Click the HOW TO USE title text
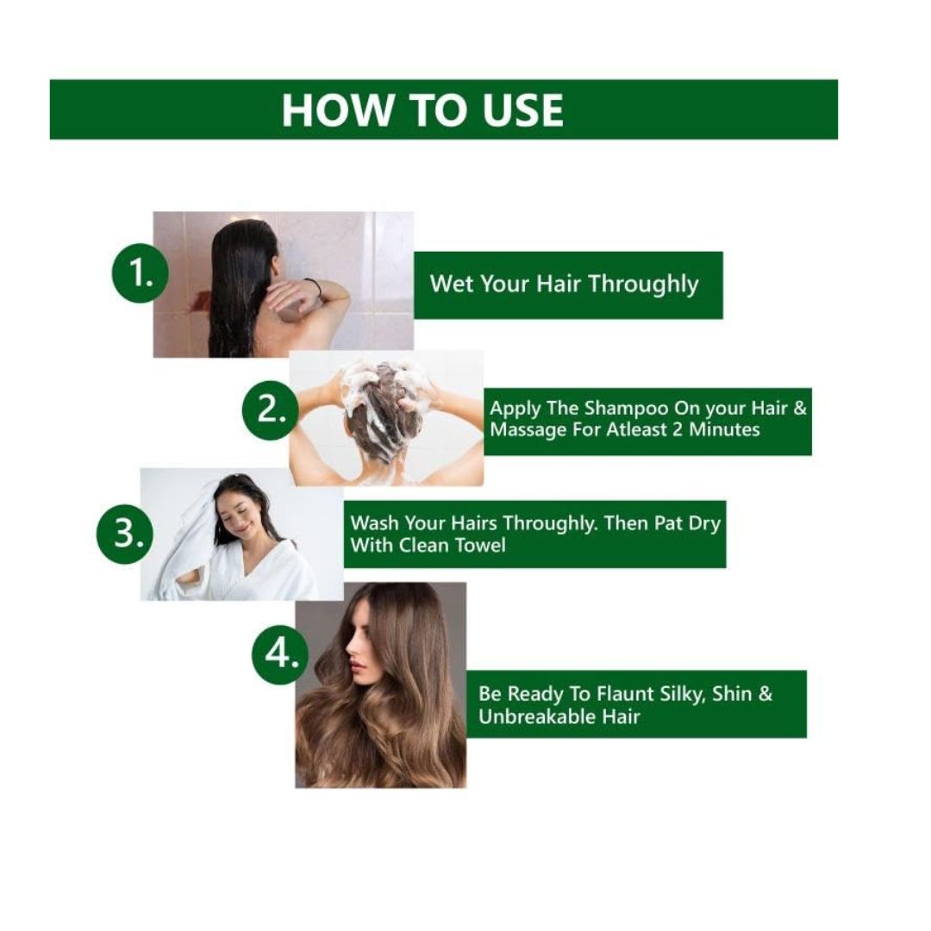(422, 109)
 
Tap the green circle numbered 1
(141, 273)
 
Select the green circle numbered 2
(271, 409)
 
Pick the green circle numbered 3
(125, 534)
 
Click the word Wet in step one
(451, 284)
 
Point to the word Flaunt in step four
(626, 693)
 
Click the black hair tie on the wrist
(315, 286)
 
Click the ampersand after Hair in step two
(800, 409)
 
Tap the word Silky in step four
(682, 694)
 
